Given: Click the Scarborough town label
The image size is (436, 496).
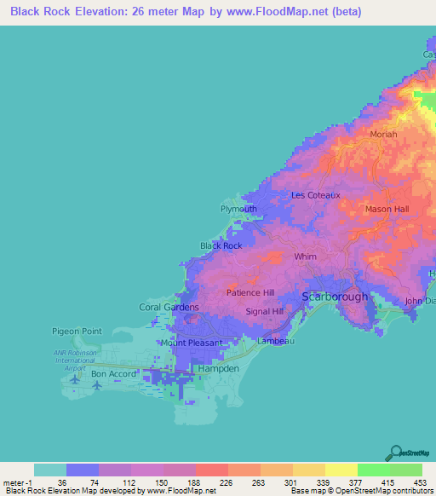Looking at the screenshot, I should coord(336,297).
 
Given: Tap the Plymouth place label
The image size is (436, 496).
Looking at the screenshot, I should coord(238,209).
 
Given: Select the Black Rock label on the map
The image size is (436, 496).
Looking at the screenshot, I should coord(221,245).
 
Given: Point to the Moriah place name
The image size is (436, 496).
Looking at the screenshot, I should coord(384,135).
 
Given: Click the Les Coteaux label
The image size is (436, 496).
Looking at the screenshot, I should coord(316,194).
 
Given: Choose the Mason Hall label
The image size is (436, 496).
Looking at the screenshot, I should coord(387,209).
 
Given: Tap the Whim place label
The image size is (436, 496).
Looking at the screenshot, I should coord(305,256).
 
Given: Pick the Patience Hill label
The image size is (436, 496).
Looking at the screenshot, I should coord(250,292).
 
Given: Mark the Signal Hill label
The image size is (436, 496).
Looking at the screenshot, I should coord(264,312).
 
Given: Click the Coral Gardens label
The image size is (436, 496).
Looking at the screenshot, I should coord(169,307).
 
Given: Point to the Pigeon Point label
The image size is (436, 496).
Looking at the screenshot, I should coord(78,331).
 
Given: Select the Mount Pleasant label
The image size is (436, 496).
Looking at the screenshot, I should coord(192,343).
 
